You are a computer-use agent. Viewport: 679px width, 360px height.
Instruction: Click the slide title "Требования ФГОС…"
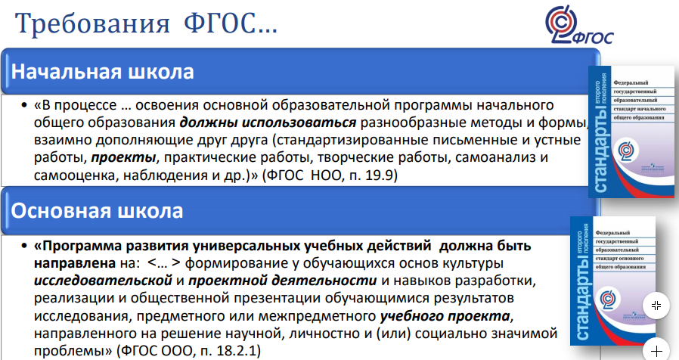[x=146, y=24]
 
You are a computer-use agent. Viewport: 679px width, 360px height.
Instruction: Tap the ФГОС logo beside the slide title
[x=578, y=25]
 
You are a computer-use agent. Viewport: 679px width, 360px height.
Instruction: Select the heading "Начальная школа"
[x=102, y=72]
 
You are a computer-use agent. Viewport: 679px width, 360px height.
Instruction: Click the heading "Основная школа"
[x=97, y=210]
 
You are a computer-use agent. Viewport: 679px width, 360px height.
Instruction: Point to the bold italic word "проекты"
[x=123, y=158]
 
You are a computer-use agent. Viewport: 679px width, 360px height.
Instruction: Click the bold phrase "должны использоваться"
[x=268, y=123]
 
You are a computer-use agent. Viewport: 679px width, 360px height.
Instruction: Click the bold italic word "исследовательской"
[x=103, y=281]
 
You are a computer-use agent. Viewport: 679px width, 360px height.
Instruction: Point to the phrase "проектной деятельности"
[x=282, y=281]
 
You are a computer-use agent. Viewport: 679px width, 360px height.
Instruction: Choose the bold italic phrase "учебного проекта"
[x=445, y=316]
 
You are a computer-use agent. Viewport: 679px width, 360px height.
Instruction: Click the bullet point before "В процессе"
[x=24, y=105]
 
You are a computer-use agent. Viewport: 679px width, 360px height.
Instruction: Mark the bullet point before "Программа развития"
[x=24, y=246]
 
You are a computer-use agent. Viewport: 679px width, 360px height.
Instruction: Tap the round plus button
[x=656, y=350]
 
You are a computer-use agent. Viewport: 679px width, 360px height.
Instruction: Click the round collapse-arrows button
[x=656, y=306]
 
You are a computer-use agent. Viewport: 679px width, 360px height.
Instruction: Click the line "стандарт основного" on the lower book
[x=620, y=259]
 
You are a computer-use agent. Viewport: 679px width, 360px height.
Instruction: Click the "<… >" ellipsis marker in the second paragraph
[x=163, y=263]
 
